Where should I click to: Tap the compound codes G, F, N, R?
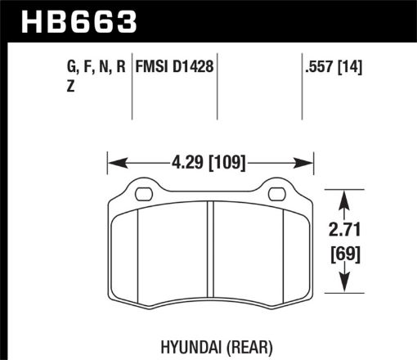coord(95,70)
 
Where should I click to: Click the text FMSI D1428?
coord(173,70)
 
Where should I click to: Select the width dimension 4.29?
coord(183,161)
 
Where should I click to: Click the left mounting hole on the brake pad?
coord(142,195)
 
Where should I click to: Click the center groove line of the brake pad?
coord(211,262)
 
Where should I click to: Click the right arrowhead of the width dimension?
coord(308,161)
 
